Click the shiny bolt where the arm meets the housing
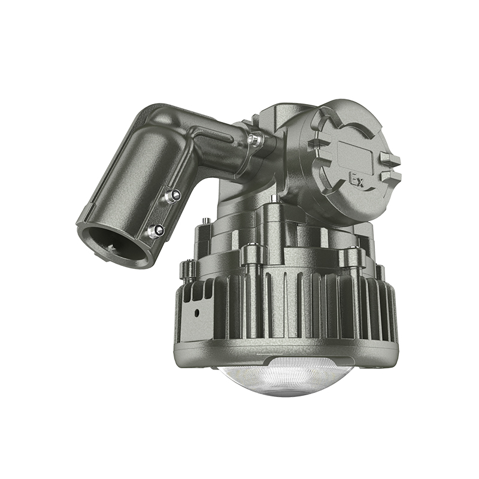255,140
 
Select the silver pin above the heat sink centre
274,197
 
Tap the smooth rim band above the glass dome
287,350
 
